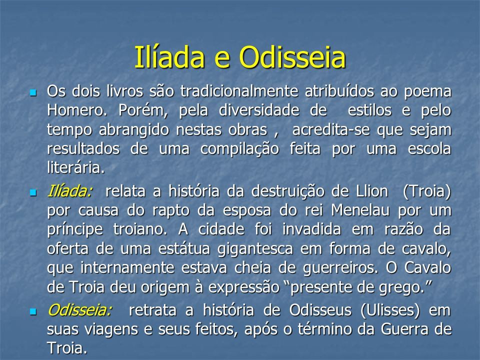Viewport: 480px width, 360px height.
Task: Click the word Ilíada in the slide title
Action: tap(169, 57)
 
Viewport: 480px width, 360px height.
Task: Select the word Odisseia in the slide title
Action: tap(292, 57)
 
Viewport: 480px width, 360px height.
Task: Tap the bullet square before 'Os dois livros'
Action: tap(33, 92)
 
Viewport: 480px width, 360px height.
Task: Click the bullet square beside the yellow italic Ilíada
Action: tap(33, 192)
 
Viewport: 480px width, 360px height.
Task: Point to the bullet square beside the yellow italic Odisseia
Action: tap(33, 311)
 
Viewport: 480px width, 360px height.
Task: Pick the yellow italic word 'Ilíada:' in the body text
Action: tap(70, 191)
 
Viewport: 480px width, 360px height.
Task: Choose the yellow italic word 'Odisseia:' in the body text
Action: tap(80, 310)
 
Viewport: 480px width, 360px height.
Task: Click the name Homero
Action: tap(77, 110)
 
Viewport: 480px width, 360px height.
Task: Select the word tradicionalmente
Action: tap(239, 91)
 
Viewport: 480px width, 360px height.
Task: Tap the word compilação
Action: tap(239, 149)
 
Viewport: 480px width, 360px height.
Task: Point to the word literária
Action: tap(76, 168)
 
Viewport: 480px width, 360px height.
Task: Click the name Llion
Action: tap(372, 191)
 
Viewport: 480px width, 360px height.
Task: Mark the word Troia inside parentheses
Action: tap(426, 191)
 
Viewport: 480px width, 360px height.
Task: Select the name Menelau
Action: tap(360, 210)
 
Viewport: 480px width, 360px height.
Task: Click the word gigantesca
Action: tap(255, 249)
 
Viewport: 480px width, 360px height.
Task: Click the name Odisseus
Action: tap(320, 310)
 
